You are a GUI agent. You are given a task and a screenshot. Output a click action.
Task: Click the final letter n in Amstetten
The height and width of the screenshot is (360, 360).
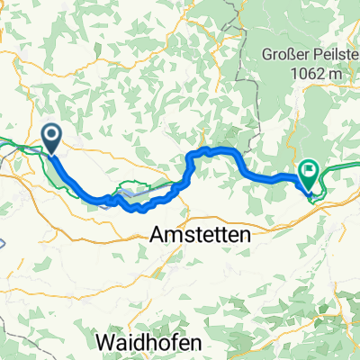point(246,232)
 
